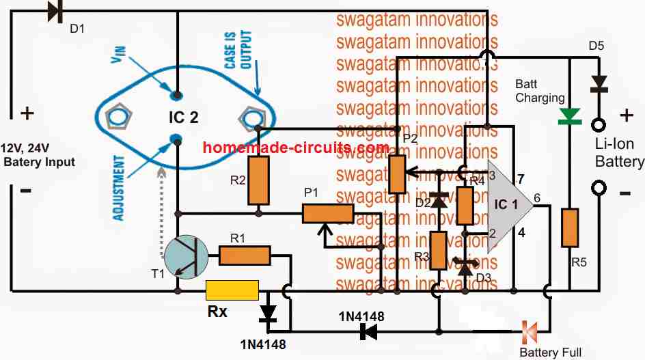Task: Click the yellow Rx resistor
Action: pyautogui.click(x=232, y=290)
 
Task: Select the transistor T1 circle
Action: pyautogui.click(x=185, y=258)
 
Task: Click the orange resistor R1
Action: pyautogui.click(x=245, y=257)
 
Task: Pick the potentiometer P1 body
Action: pyautogui.click(x=328, y=214)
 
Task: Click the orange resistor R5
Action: pyautogui.click(x=569, y=228)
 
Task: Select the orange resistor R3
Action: pyautogui.click(x=438, y=251)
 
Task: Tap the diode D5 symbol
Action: pyautogui.click(x=599, y=83)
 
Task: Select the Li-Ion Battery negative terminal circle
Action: pyautogui.click(x=600, y=188)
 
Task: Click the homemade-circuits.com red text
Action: pyautogui.click(x=297, y=148)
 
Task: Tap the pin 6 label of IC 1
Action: pyautogui.click(x=537, y=198)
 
